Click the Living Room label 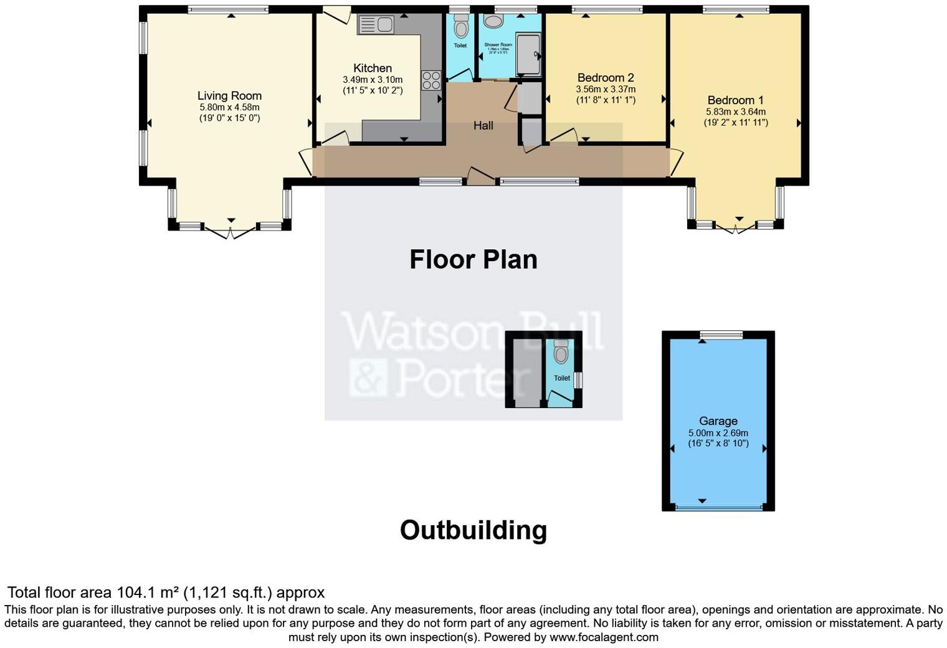click(229, 95)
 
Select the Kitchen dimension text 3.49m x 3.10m click(373, 80)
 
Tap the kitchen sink click(376, 25)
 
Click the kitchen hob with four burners click(431, 80)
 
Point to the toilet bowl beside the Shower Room click(461, 27)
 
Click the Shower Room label click(498, 45)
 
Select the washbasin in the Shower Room click(494, 22)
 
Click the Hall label click(483, 126)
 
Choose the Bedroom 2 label click(605, 78)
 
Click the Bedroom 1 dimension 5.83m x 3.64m click(735, 112)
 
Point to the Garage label click(718, 421)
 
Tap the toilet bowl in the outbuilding click(561, 354)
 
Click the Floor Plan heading click(473, 260)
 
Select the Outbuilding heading click(473, 530)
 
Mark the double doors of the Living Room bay click(231, 232)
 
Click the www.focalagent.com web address click(604, 637)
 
